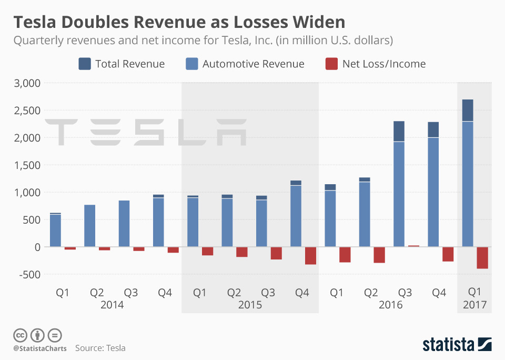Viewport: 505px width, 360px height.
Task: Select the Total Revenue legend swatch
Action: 85,64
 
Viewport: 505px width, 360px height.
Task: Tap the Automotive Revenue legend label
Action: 253,64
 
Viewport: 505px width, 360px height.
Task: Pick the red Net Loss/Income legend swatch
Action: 331,64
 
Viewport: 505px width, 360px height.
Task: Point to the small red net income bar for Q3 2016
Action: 414,246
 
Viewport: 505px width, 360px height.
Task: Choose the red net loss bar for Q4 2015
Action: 310,255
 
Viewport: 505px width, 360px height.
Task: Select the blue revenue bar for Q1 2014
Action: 55,230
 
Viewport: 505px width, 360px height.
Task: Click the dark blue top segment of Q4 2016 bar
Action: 433,129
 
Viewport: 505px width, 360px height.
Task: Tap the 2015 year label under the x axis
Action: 250,305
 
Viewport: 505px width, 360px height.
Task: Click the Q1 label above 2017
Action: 474,292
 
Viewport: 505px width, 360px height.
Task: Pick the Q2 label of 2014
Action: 96,292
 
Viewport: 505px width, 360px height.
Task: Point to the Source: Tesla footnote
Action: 100,348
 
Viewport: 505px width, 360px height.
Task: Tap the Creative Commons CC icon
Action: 21,335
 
